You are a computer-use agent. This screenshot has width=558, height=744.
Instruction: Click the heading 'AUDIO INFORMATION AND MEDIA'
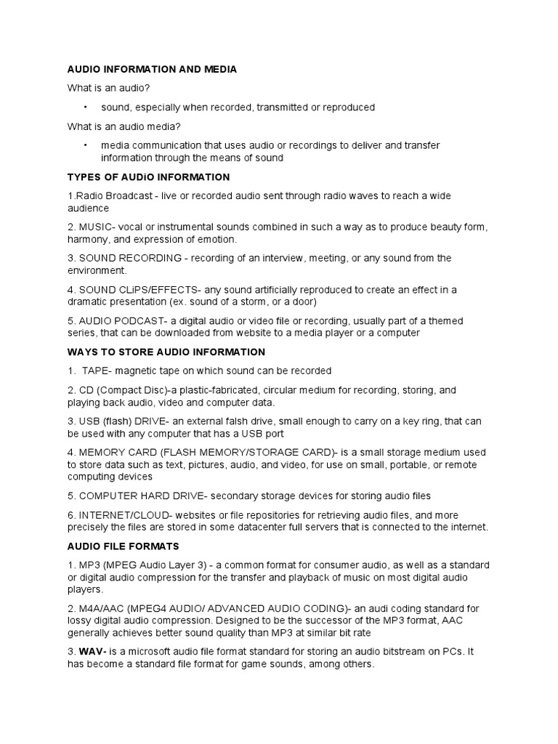tap(152, 69)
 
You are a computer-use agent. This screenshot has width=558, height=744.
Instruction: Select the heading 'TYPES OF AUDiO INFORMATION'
tap(148, 177)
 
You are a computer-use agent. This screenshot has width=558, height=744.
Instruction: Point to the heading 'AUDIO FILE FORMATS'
tap(123, 546)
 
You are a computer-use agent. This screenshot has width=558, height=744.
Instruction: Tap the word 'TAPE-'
tap(97, 371)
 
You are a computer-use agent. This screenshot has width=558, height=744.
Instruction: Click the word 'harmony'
tap(87, 239)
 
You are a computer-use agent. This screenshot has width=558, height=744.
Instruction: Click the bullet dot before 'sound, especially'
tap(85, 108)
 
